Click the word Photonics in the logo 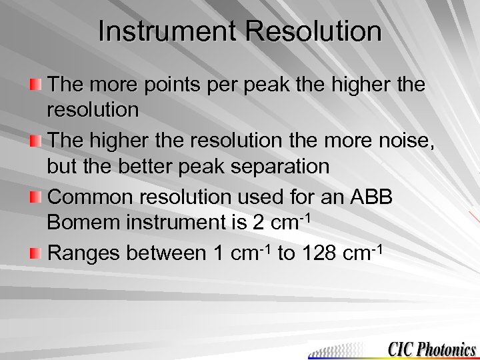(445, 349)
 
